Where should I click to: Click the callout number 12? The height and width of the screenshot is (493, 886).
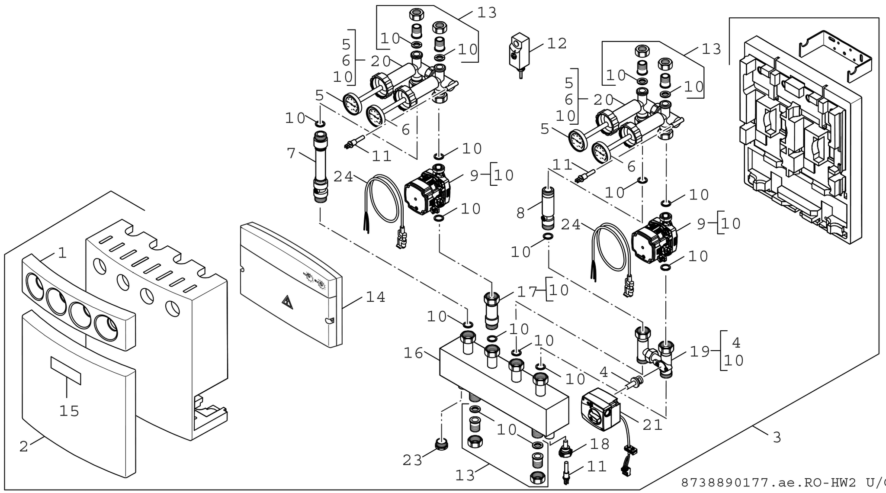point(557,43)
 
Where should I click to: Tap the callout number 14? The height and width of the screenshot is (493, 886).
point(375,297)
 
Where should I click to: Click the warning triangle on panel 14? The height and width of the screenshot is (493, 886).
point(287,302)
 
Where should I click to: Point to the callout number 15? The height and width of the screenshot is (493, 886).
point(69,411)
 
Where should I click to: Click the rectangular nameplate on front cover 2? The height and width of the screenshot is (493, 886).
point(66,371)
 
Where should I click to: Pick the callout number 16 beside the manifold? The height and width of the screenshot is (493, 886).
point(413,353)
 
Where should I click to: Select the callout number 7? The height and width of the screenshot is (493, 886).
point(291,153)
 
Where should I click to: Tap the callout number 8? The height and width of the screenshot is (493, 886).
point(520,213)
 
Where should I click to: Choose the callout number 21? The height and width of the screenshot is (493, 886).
point(652,425)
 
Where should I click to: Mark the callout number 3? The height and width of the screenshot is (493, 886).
point(777,437)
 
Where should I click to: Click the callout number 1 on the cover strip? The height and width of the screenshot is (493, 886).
point(62,253)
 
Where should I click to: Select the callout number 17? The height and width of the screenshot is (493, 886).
point(527,291)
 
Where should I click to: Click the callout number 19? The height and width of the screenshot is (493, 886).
point(700,351)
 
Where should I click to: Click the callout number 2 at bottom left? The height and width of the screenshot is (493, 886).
point(24,446)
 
